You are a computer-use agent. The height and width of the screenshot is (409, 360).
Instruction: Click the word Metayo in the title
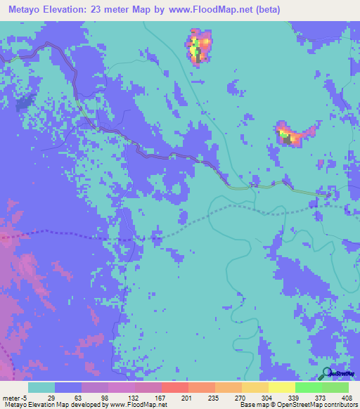(x=26, y=10)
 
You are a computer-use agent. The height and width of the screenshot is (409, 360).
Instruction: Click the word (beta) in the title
(x=266, y=10)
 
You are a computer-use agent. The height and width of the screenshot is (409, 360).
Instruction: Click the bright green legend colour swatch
(x=308, y=387)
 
